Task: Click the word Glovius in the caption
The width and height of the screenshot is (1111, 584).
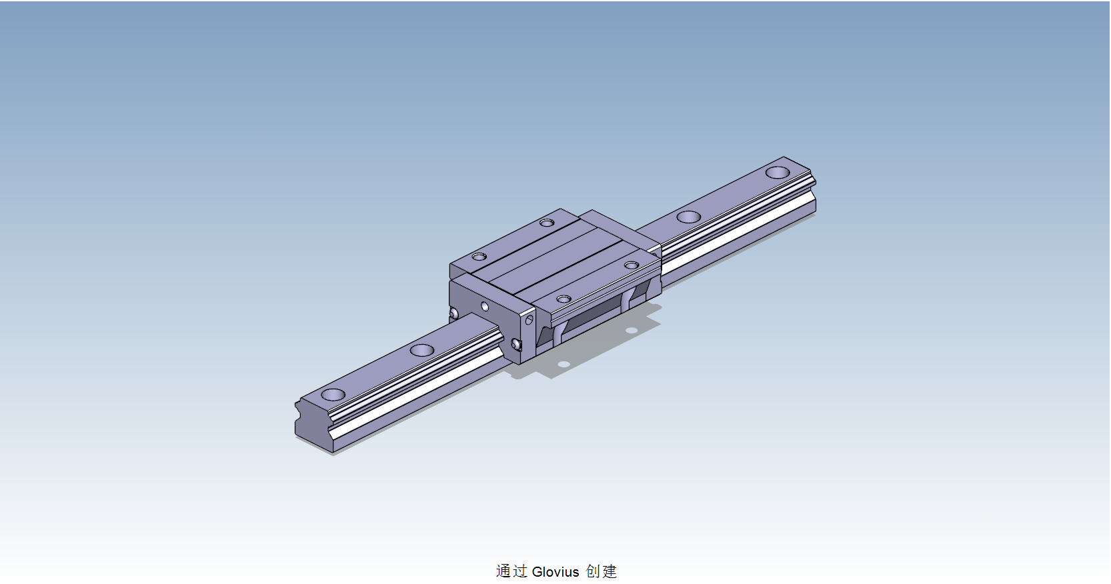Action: point(555,572)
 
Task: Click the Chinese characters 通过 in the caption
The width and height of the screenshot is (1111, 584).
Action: point(511,571)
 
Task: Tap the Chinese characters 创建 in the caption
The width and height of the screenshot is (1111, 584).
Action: point(602,571)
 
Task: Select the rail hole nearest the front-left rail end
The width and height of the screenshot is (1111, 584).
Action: point(333,395)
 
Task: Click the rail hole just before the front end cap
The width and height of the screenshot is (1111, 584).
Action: point(422,350)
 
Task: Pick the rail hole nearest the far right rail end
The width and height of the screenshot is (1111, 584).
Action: point(777,173)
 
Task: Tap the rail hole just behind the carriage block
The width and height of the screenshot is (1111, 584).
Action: point(688,217)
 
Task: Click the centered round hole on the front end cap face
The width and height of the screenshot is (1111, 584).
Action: point(485,307)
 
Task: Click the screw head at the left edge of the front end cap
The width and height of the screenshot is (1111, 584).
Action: point(454,313)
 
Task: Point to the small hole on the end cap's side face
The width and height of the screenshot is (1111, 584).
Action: point(529,321)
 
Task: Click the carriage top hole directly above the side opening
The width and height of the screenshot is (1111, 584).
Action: point(564,299)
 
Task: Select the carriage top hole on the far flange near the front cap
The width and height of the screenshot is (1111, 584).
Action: point(479,257)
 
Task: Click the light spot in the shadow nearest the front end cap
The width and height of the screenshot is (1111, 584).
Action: point(564,365)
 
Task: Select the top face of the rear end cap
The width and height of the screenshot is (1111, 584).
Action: point(616,227)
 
